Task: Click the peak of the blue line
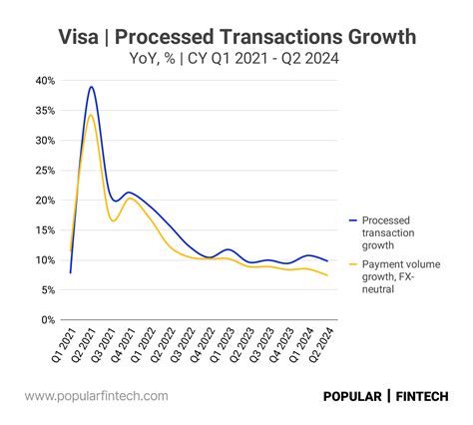92,87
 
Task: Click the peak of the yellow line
91,115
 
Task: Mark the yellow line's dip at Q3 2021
114,220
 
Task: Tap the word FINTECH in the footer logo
423,396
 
